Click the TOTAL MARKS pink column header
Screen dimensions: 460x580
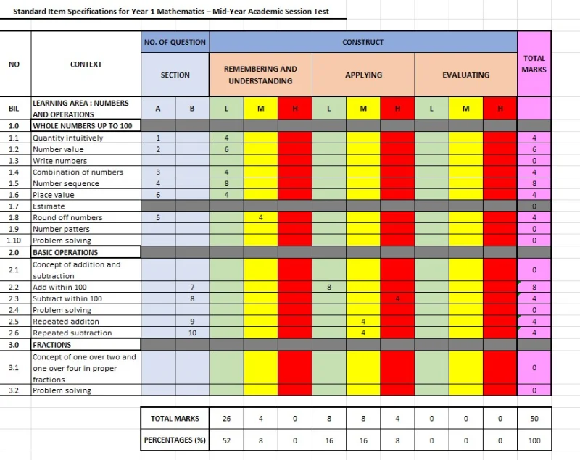534,64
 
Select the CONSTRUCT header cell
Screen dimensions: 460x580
362,42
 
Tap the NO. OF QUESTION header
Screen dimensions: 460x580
175,42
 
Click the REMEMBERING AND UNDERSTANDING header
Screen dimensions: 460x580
260,75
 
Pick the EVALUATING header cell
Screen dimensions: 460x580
465,75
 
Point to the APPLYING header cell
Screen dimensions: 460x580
362,75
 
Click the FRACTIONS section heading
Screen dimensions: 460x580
52,345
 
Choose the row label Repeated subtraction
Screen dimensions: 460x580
72,333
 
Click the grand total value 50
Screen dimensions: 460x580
534,419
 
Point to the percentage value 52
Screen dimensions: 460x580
226,440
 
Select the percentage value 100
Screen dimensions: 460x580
534,440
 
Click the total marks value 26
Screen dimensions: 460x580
226,419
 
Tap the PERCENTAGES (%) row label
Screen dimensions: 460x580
175,440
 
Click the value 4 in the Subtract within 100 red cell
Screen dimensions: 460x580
397,298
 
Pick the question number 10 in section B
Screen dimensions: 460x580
192,333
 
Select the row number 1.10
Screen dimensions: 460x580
14,241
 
